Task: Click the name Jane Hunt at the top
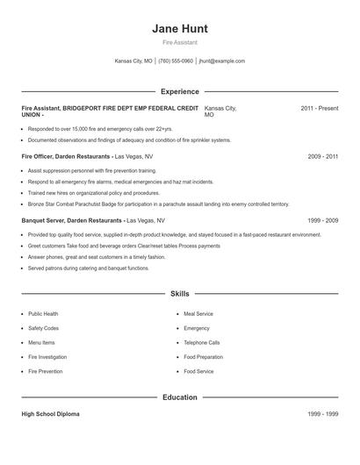[x=180, y=28]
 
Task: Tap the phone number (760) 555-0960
[x=176, y=61]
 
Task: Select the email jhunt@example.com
[x=222, y=61]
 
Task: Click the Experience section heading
[x=180, y=91]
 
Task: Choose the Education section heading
[x=180, y=397]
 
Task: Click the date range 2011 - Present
[x=319, y=108]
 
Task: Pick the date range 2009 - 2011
[x=323, y=156]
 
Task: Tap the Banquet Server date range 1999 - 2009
[x=323, y=220]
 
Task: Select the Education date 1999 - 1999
[x=323, y=412]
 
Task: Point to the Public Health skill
[x=43, y=313]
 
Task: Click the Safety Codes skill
[x=43, y=328]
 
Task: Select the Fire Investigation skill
[x=47, y=357]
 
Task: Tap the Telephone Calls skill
[x=202, y=342]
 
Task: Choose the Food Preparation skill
[x=204, y=357]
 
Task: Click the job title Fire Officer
[x=41, y=156]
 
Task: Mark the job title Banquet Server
[x=46, y=220]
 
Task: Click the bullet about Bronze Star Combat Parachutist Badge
[x=158, y=204]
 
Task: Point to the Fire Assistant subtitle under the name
[x=180, y=42]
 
